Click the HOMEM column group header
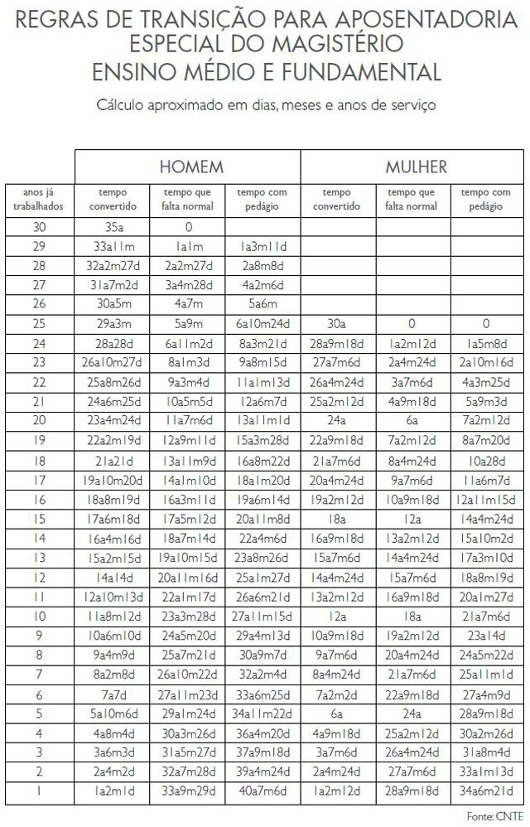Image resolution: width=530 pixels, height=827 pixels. pyautogui.click(x=191, y=167)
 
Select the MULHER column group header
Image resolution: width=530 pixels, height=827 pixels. pyautogui.click(x=416, y=167)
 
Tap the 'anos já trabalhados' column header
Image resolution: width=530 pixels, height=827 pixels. pyautogui.click(x=40, y=200)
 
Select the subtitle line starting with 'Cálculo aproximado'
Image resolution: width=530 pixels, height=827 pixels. pyautogui.click(x=266, y=105)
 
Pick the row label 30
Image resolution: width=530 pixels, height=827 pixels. pyautogui.click(x=40, y=226)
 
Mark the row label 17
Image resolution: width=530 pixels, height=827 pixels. pyautogui.click(x=40, y=480)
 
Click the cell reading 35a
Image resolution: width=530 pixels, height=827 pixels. pyautogui.click(x=113, y=226)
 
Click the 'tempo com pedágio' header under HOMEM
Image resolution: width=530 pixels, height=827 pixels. pyautogui.click(x=263, y=200)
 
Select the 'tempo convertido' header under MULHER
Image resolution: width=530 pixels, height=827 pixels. pyautogui.click(x=337, y=200)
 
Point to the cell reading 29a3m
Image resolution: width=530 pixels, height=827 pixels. pyautogui.click(x=113, y=324)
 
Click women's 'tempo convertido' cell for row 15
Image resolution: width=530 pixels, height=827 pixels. pyautogui.click(x=337, y=519)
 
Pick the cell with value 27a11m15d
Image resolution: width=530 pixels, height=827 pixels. pyautogui.click(x=263, y=617)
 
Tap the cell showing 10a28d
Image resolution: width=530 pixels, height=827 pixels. pyautogui.click(x=486, y=460)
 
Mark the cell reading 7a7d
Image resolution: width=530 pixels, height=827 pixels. pyautogui.click(x=113, y=694)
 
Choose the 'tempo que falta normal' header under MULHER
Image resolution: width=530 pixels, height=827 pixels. pyautogui.click(x=412, y=200)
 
